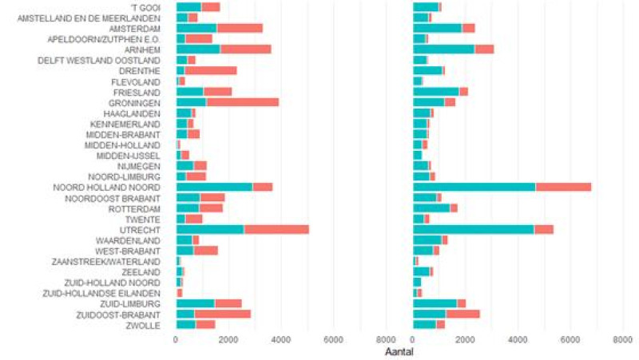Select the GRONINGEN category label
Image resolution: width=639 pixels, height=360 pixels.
pyautogui.click(x=137, y=102)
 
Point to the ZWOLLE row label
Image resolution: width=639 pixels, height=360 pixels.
pyautogui.click(x=150, y=324)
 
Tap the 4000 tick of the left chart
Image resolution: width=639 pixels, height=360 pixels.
pyautogui.click(x=280, y=339)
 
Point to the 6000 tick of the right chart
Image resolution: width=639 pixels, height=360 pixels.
pyautogui.click(x=570, y=339)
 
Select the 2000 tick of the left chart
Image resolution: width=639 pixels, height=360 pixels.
pyautogui.click(x=228, y=339)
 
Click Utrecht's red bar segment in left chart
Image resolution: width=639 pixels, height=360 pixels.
pyautogui.click(x=276, y=229)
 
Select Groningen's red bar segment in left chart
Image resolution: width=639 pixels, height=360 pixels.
pyautogui.click(x=243, y=102)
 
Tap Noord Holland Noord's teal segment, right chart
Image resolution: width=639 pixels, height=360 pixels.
pyautogui.click(x=474, y=187)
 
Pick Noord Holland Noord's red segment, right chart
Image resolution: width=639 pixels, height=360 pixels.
pyautogui.click(x=563, y=187)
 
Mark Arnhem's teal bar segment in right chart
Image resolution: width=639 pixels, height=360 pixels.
pyautogui.click(x=443, y=49)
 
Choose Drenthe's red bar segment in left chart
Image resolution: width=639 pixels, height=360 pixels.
pyautogui.click(x=211, y=70)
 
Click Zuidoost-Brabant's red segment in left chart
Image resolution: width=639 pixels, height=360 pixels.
pyautogui.click(x=223, y=314)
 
